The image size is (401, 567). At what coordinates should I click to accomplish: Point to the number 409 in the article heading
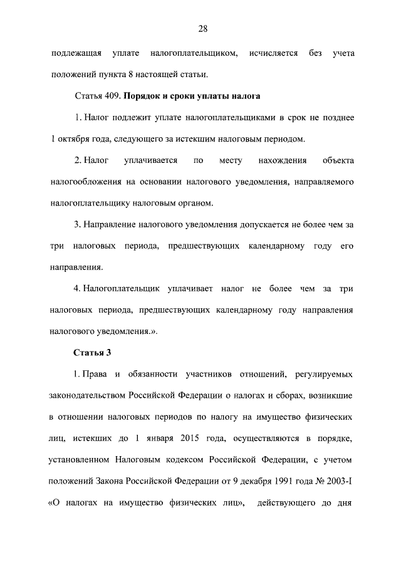click(112, 96)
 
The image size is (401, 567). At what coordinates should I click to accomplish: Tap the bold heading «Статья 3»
click(92, 352)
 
